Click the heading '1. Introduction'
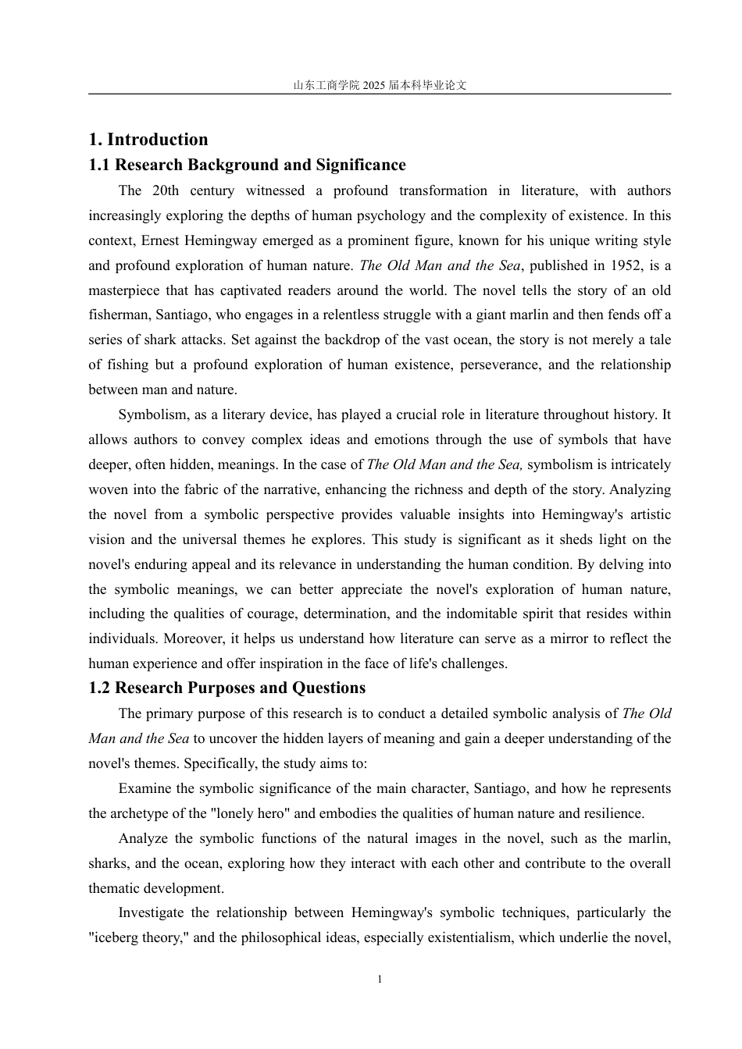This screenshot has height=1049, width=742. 148,140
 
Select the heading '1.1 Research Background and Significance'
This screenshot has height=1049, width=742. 247,165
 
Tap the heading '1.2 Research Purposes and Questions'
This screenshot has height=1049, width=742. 227,688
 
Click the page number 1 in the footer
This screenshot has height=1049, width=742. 380,980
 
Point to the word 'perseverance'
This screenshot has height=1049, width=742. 498,365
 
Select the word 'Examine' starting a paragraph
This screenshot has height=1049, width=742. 144,788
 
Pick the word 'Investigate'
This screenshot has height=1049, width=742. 152,912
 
